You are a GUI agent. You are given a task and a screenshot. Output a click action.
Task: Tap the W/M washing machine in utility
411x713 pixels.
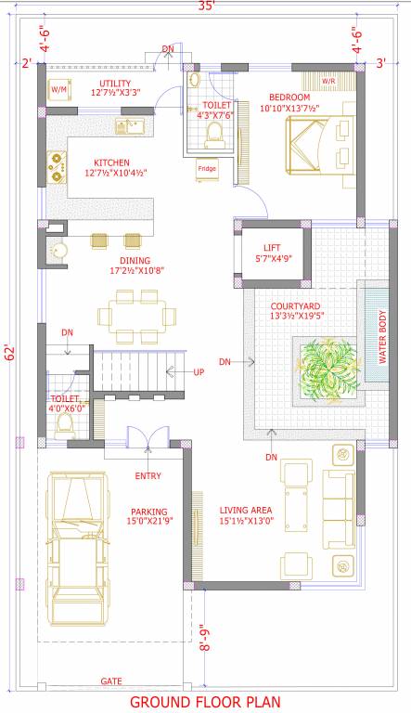[x=58, y=89]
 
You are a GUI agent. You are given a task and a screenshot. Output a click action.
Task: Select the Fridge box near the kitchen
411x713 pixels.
[x=205, y=168]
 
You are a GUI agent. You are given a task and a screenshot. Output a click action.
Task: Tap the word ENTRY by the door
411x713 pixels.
[x=148, y=476]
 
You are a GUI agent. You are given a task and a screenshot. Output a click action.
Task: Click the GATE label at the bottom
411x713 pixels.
[x=110, y=681]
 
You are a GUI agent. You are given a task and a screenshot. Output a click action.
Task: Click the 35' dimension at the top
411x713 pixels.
[x=206, y=7]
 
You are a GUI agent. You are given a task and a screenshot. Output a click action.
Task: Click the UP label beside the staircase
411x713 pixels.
[x=198, y=371]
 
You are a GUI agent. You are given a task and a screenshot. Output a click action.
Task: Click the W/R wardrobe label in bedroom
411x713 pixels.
[x=328, y=82]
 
